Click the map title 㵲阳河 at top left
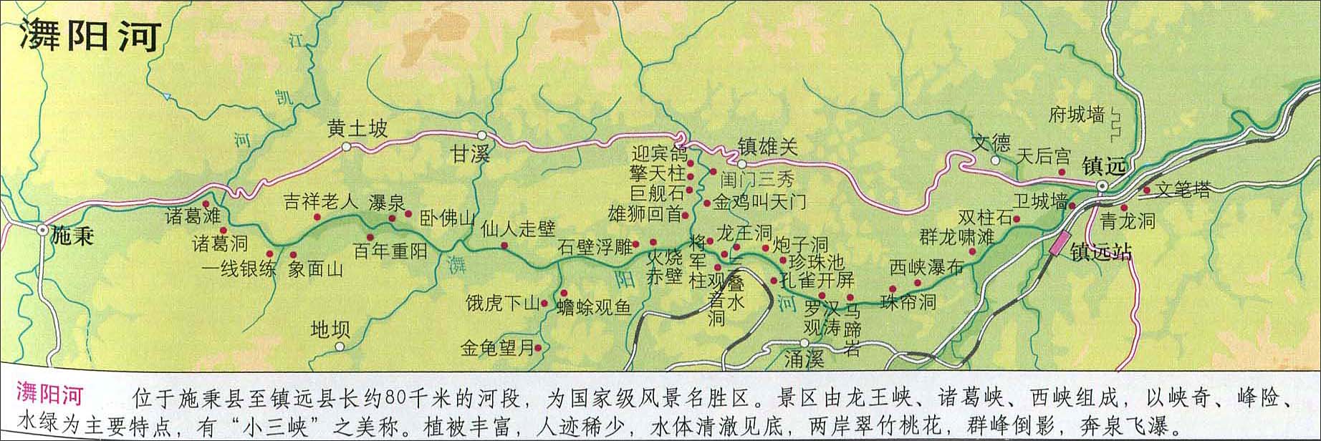[88, 35]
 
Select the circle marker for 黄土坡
[347, 147]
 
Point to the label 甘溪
[470, 154]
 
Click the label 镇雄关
[767, 147]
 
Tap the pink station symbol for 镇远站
[1058, 244]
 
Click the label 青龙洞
[1128, 220]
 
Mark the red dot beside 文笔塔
[1147, 190]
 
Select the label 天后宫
[1044, 156]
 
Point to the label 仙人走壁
[519, 229]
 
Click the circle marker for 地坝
[340, 346]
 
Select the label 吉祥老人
[320, 201]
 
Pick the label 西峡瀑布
[926, 268]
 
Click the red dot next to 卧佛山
[408, 213]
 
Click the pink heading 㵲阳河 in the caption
[49, 395]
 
